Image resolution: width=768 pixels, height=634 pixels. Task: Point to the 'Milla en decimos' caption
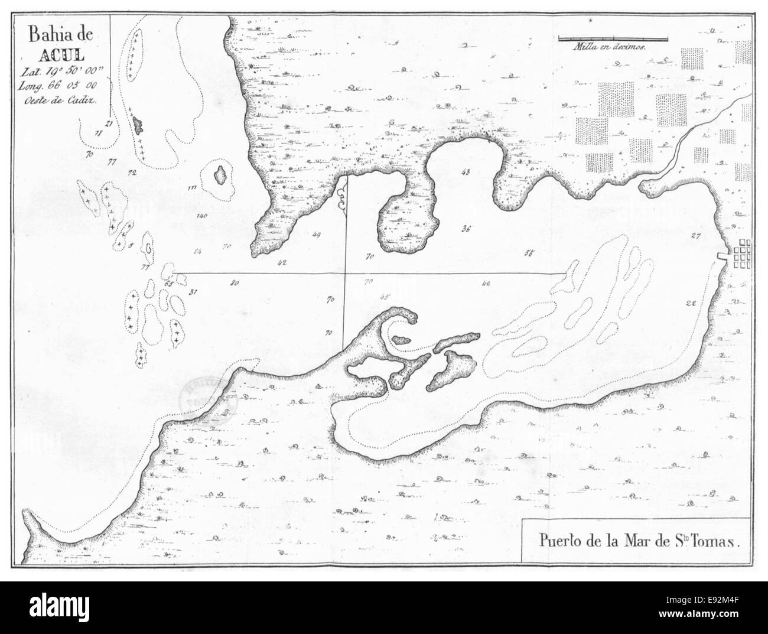coord(611,46)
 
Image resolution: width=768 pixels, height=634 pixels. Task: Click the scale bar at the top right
coord(613,39)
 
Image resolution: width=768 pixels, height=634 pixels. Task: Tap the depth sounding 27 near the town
coord(695,236)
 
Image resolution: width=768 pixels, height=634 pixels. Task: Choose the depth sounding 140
coord(202,216)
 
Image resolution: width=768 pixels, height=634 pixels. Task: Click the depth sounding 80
coord(235,283)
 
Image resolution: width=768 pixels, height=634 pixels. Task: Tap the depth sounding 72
coord(131,173)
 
